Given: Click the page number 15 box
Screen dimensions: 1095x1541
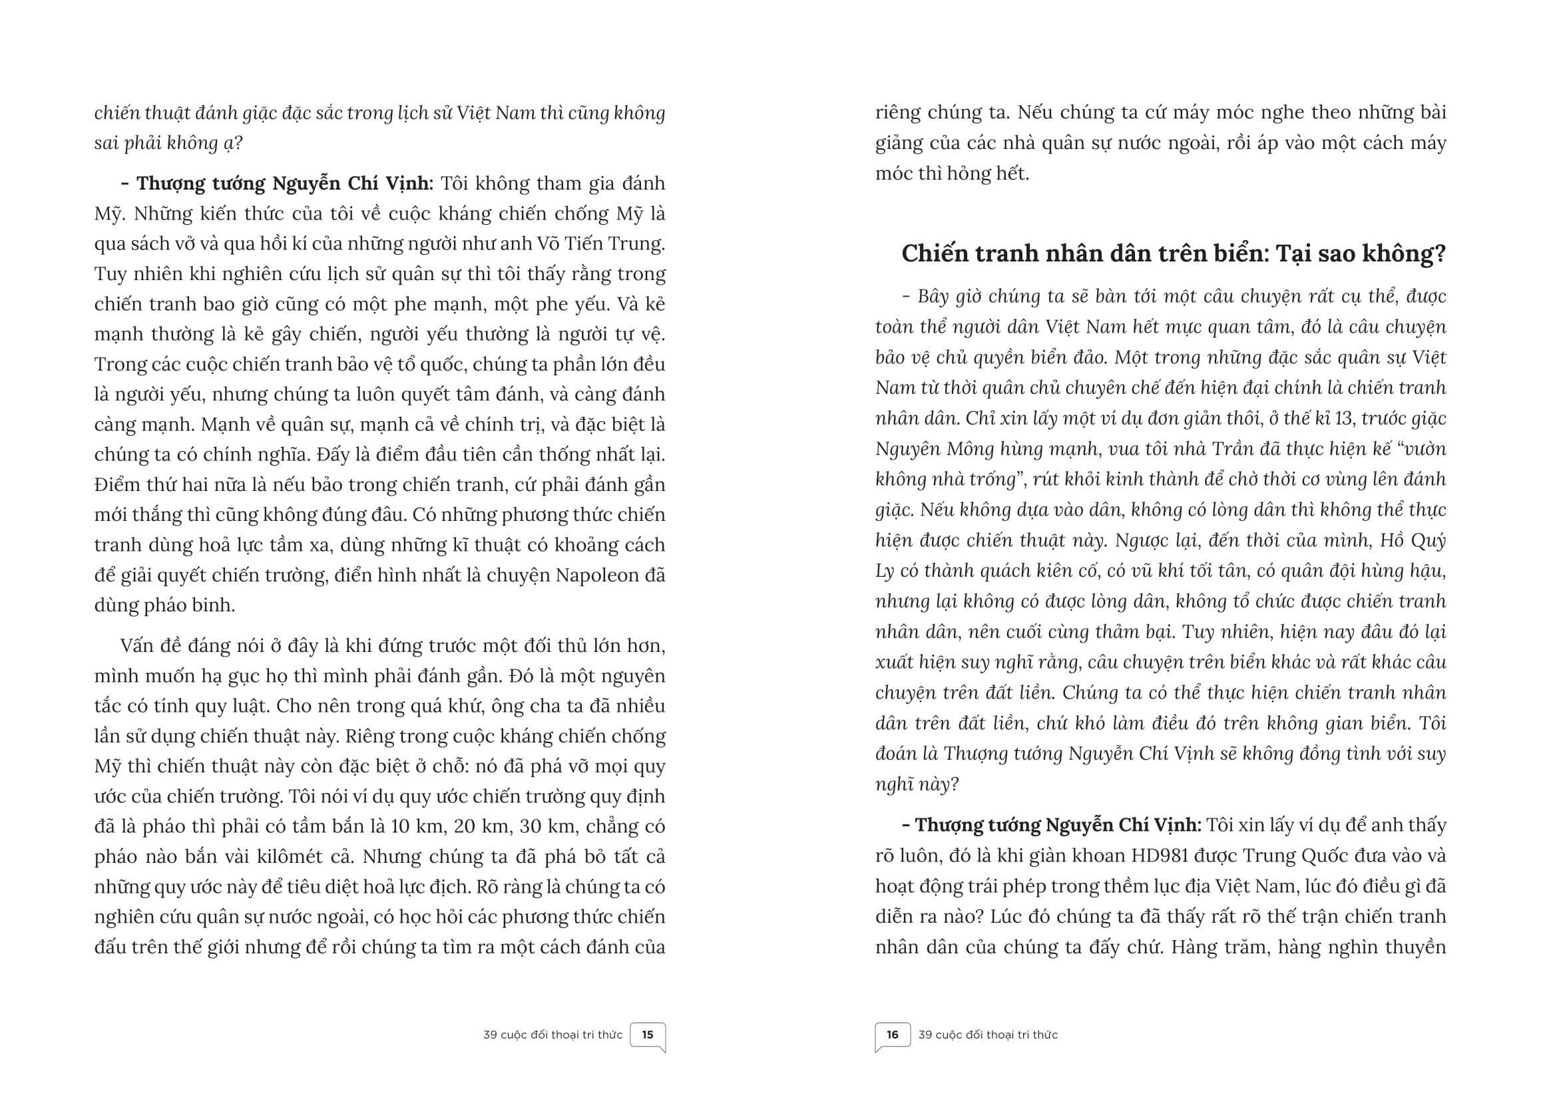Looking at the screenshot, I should tap(648, 1035).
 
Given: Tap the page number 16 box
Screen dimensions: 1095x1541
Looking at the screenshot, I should tap(893, 1035).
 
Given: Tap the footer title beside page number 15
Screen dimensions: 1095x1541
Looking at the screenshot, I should tap(552, 1035).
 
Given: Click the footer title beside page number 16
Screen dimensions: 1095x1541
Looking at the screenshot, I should tap(988, 1035).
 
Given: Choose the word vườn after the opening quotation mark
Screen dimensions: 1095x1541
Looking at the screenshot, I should tap(1422, 449).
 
